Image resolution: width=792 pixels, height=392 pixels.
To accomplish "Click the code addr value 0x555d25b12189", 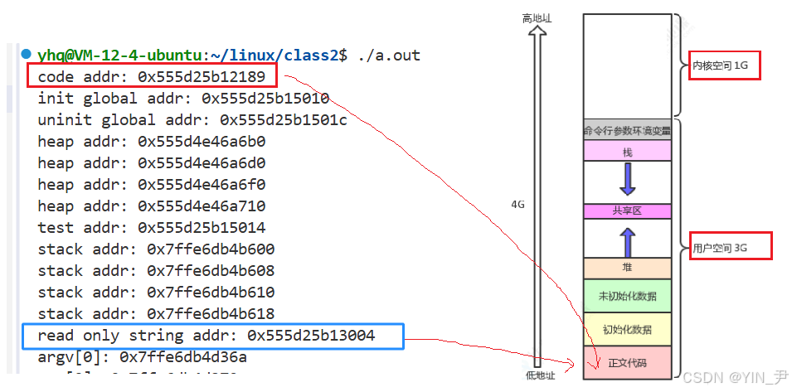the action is [202, 77].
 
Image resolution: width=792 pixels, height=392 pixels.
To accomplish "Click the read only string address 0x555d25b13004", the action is [311, 336].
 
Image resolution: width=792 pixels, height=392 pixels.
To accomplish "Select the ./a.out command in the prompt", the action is [389, 56].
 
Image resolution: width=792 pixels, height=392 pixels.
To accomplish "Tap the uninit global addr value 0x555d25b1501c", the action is [283, 120].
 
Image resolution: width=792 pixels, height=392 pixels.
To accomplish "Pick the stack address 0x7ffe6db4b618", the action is [211, 314].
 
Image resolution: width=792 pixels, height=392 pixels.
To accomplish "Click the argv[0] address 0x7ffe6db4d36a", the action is [183, 357].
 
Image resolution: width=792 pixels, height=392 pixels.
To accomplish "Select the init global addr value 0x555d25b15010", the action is [265, 99].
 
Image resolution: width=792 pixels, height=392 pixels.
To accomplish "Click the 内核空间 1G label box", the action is [725, 65].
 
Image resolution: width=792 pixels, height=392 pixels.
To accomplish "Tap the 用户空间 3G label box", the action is [731, 246].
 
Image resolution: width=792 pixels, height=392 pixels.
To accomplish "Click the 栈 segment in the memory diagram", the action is [627, 152].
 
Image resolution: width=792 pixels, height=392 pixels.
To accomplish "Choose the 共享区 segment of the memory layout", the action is [627, 211].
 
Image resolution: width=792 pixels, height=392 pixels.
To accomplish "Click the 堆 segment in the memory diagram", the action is [627, 268].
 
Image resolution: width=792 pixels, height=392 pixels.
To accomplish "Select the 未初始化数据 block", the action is [627, 296].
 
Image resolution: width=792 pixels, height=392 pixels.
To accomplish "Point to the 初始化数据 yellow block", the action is [627, 329].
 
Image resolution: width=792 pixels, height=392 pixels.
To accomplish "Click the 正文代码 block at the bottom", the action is [627, 362].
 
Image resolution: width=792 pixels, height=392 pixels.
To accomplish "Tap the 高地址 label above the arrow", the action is [537, 17].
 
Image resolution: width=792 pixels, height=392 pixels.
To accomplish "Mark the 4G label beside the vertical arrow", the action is [517, 203].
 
